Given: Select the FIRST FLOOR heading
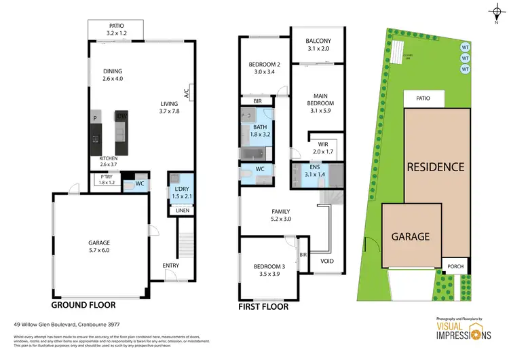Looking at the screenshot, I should (263, 306).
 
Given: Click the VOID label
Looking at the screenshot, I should (327, 261).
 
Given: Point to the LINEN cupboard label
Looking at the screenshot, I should (182, 211).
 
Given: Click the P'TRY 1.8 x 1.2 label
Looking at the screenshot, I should (107, 179).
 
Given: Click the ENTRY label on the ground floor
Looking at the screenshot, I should (170, 266).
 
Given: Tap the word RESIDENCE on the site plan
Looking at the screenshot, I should (436, 166).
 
